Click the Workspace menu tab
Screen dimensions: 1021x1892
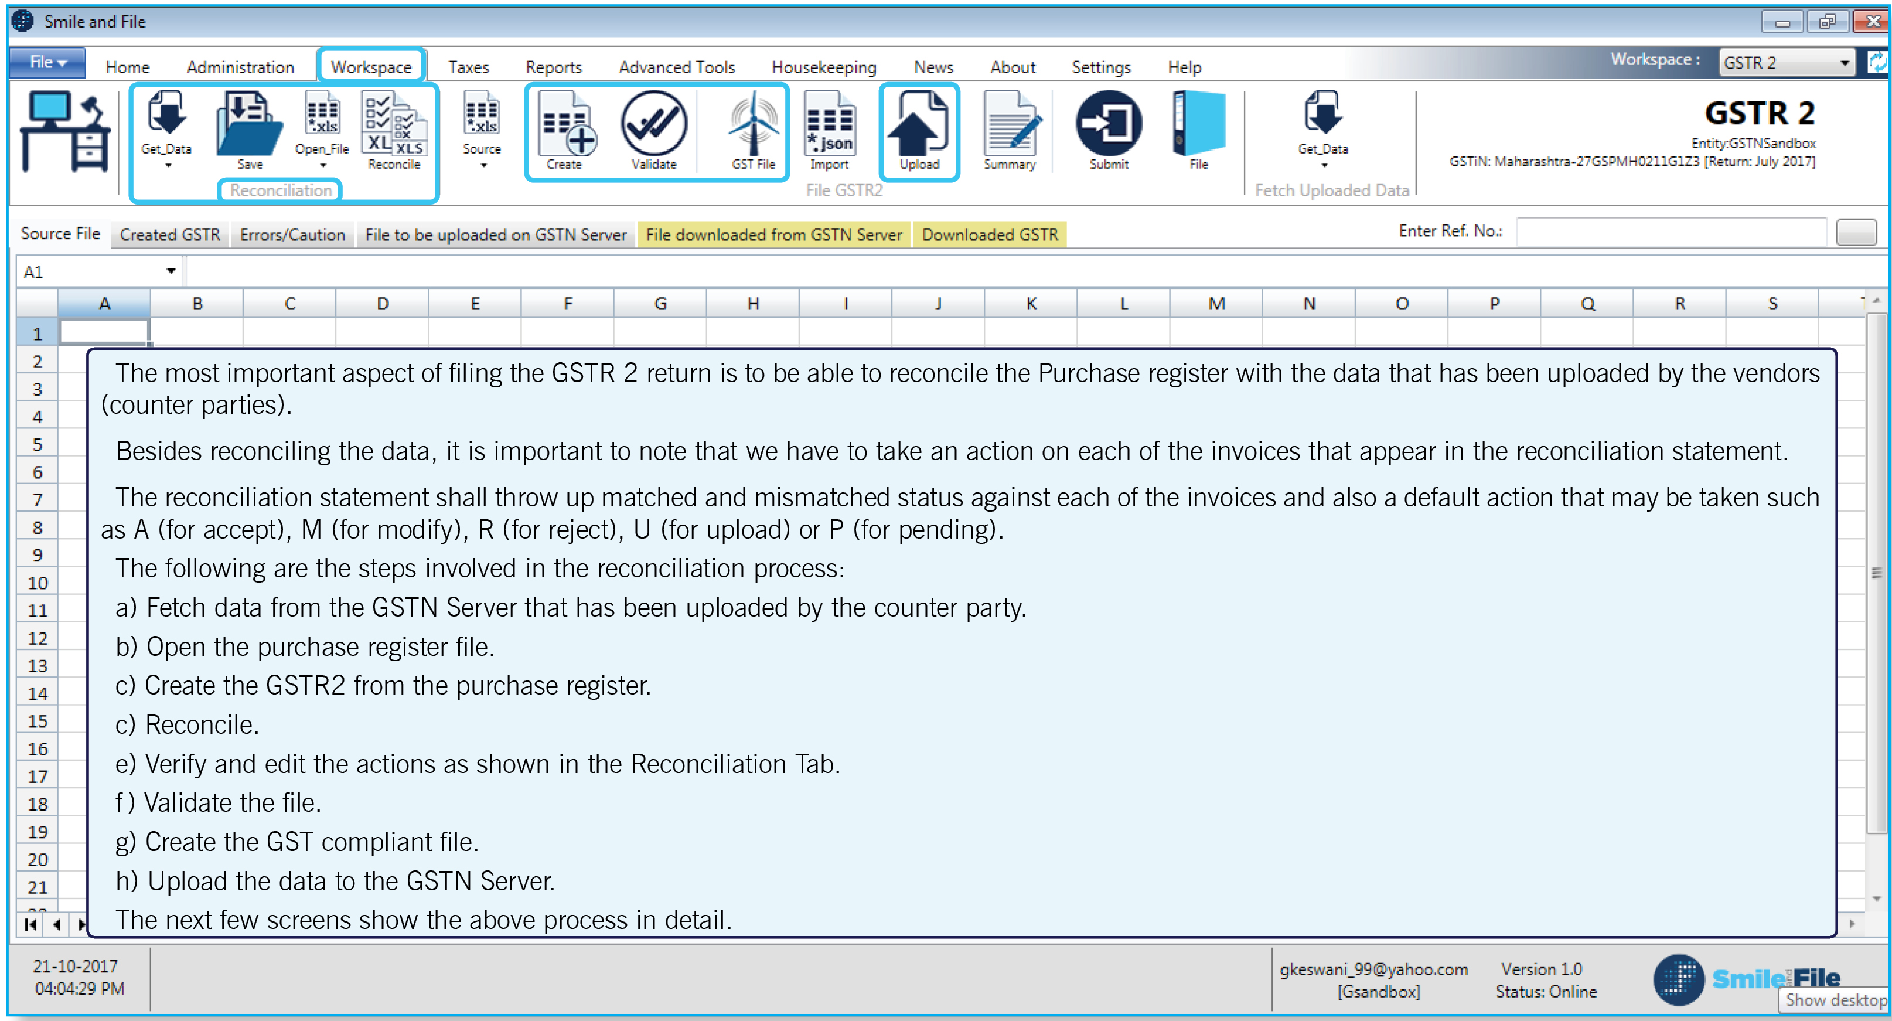(371, 67)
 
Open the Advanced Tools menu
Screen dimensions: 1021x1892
(676, 67)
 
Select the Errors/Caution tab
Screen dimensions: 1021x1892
(292, 234)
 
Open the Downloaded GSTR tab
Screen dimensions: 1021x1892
(989, 234)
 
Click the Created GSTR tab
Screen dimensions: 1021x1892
(170, 234)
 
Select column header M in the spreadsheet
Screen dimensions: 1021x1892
(1216, 304)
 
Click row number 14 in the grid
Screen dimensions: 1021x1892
(38, 693)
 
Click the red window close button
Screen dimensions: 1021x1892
(1871, 21)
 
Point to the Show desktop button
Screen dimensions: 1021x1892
(1835, 1000)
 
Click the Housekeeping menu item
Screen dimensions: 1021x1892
(823, 67)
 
